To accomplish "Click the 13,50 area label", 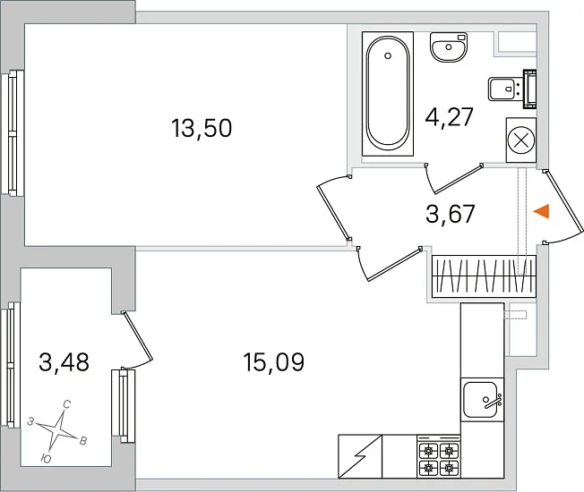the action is pyautogui.click(x=202, y=128).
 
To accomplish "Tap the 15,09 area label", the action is pyautogui.click(x=274, y=362).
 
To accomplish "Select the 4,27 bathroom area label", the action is pyautogui.click(x=449, y=117).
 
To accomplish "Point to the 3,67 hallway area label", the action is pyautogui.click(x=451, y=214).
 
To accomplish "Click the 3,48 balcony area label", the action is pyautogui.click(x=64, y=362).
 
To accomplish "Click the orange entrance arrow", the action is pyautogui.click(x=542, y=212).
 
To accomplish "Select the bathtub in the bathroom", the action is pyautogui.click(x=388, y=94).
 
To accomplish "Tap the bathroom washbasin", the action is pyautogui.click(x=449, y=47).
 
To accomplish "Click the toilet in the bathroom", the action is pyautogui.click(x=512, y=89).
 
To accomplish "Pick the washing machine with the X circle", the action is pyautogui.click(x=521, y=140).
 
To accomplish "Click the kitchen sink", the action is pyautogui.click(x=482, y=400).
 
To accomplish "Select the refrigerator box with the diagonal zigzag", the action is pyautogui.click(x=360, y=456).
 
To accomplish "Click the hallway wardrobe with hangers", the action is pyautogui.click(x=484, y=276).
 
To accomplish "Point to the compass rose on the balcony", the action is pyautogui.click(x=58, y=431).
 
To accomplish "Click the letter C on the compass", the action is pyautogui.click(x=67, y=403).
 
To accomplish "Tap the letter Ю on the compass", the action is pyautogui.click(x=46, y=459).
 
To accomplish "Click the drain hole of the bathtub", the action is pyautogui.click(x=388, y=55).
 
